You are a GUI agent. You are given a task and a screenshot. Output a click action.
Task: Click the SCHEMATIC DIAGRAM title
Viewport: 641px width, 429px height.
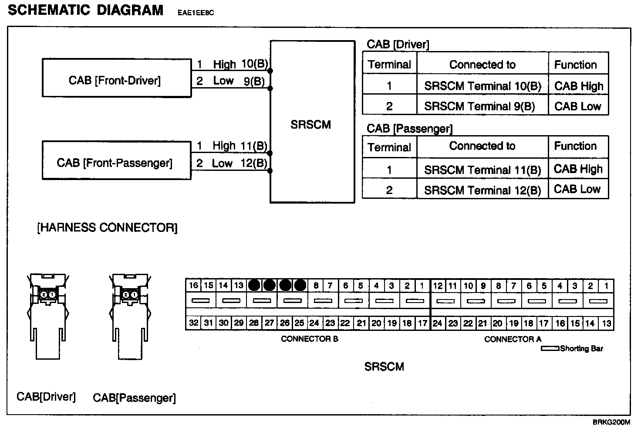86,10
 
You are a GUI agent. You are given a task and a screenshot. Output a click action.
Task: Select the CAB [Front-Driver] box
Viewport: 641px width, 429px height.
116,78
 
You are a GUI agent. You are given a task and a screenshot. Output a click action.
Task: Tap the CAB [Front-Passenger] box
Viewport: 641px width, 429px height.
116,160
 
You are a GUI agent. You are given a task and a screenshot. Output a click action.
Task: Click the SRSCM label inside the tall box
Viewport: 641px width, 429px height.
311,125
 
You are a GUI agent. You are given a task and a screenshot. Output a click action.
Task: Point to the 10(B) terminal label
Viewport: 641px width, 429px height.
254,64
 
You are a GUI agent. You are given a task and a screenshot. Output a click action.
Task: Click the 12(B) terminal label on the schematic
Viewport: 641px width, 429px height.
254,163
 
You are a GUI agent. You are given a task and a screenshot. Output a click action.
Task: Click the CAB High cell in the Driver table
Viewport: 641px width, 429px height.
579,86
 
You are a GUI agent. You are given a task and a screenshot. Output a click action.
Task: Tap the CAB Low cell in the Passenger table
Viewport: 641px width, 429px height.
577,189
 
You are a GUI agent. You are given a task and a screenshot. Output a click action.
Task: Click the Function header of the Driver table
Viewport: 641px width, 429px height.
575,65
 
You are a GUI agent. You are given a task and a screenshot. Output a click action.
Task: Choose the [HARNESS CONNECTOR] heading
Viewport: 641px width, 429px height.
108,228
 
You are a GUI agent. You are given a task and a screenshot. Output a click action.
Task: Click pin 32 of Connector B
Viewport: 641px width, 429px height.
194,323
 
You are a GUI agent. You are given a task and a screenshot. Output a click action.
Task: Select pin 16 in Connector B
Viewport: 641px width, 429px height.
194,286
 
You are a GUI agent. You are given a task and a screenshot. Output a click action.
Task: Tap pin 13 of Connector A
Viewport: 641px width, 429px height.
606,323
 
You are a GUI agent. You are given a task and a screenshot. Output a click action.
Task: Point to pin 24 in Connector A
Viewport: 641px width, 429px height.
438,323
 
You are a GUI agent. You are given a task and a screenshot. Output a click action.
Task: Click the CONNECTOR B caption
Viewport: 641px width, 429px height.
309,339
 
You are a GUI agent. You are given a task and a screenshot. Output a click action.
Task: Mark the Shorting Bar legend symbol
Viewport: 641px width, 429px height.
550,348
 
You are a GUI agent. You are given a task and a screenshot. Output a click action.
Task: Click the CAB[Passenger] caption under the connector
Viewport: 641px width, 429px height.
134,398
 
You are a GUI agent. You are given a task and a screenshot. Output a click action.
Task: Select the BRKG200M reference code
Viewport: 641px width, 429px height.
611,422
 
